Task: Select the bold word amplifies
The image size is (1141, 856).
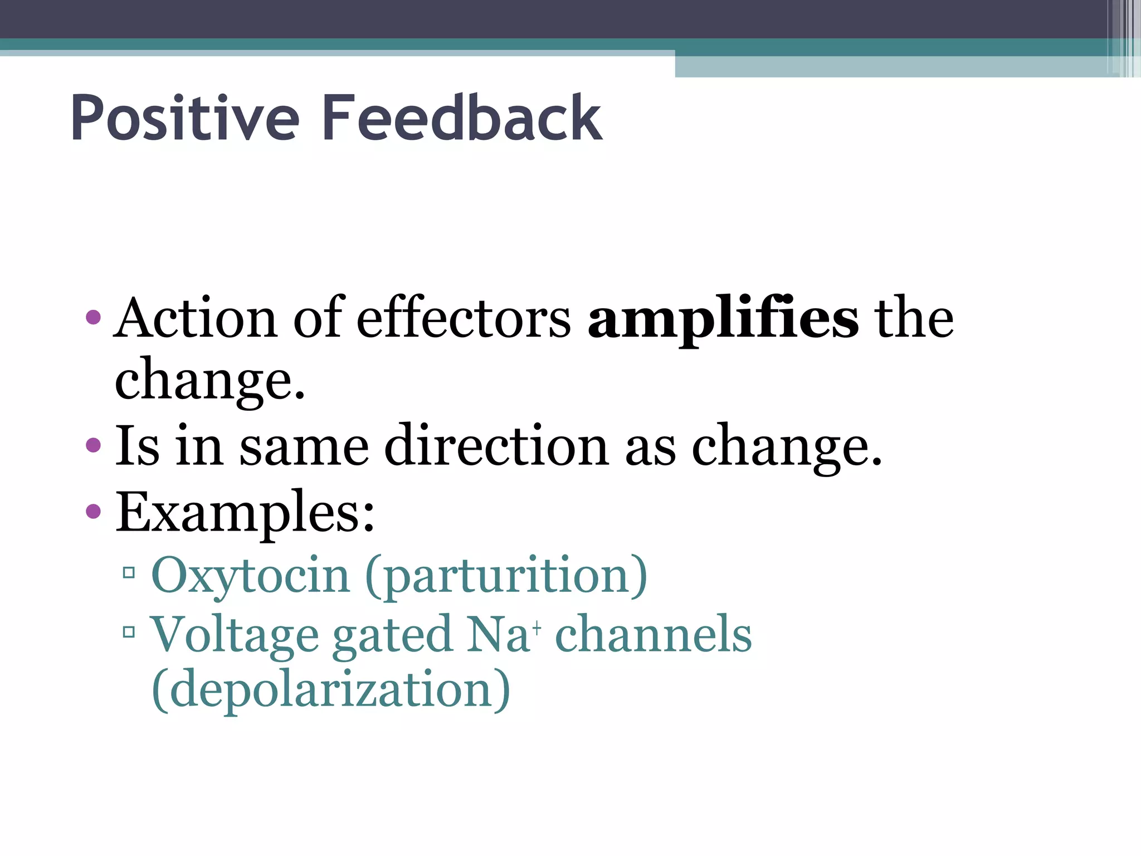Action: pos(723,319)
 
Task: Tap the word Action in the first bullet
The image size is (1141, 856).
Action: pos(196,319)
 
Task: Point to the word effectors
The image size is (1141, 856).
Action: pos(464,319)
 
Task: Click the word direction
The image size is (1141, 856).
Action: pos(496,446)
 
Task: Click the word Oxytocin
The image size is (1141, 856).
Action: pos(250,576)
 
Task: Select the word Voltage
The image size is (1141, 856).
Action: pos(234,635)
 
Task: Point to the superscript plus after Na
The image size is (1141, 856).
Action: pos(537,628)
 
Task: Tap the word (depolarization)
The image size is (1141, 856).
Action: pos(331,690)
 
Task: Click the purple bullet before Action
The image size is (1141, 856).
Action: pos(94,318)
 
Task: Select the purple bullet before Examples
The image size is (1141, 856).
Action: pos(94,510)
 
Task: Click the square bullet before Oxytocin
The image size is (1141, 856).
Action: pos(129,572)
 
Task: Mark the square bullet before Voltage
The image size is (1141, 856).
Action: pos(129,631)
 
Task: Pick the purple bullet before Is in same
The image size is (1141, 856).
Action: pos(94,445)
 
